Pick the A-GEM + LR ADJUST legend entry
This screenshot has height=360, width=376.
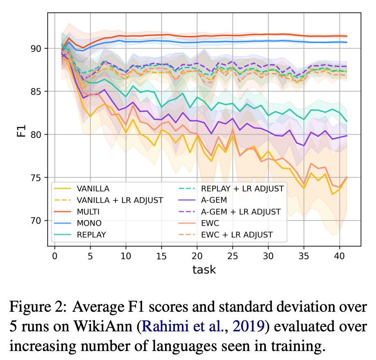(x=241, y=212)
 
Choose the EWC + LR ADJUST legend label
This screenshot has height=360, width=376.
(x=237, y=235)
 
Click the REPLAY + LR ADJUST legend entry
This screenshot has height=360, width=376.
(x=242, y=189)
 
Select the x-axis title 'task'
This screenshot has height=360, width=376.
(x=204, y=270)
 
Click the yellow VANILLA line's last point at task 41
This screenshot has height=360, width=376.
(x=347, y=177)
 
